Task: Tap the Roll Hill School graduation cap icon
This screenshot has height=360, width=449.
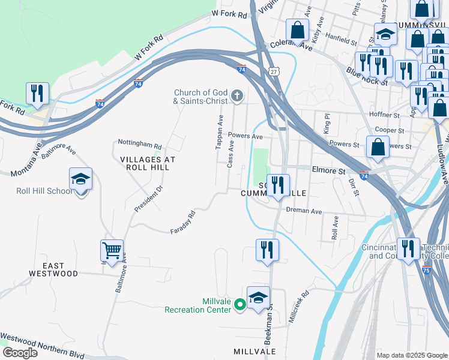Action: pos(80,179)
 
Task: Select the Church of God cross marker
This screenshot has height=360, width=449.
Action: pos(237,95)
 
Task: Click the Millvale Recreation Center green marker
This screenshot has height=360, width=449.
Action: pos(240,305)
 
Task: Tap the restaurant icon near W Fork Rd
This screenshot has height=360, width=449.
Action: pos(38,94)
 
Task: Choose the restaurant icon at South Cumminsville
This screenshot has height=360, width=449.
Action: pos(277,185)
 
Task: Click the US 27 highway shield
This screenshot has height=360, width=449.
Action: pos(274,71)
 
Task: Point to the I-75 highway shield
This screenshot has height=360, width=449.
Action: pos(427,271)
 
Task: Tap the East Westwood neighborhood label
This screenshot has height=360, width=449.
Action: pos(53,269)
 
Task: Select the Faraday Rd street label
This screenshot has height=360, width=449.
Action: pos(183,222)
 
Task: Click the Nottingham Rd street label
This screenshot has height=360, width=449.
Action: pos(140,146)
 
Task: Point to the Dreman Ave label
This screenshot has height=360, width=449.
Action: pos(304,211)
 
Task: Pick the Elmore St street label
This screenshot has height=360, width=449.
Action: pos(329,171)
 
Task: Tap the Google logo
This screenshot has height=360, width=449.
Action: pos(19,353)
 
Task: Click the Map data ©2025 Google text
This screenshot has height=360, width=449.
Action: pos(412,355)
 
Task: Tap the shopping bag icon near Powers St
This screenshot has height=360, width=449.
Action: pos(378,148)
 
